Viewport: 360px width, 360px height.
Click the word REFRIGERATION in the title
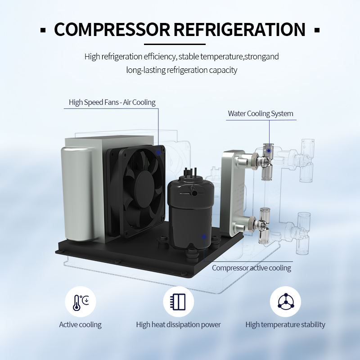coord(239,30)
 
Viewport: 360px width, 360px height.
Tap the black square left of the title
coord(43,30)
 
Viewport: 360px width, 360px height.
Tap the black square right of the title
coord(317,30)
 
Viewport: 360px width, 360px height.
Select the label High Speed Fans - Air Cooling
coord(112,102)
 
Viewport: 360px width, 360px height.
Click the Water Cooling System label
coord(260,113)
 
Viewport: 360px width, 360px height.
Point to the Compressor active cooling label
coord(251,268)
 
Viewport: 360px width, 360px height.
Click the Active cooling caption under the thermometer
coord(80,324)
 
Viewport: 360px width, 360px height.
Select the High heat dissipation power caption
coord(178,324)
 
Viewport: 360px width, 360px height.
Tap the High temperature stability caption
coord(285,324)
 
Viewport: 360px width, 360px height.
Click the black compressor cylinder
coord(189,211)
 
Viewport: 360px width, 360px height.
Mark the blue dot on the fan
coord(158,153)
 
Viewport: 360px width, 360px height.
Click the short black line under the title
coord(175,44)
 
